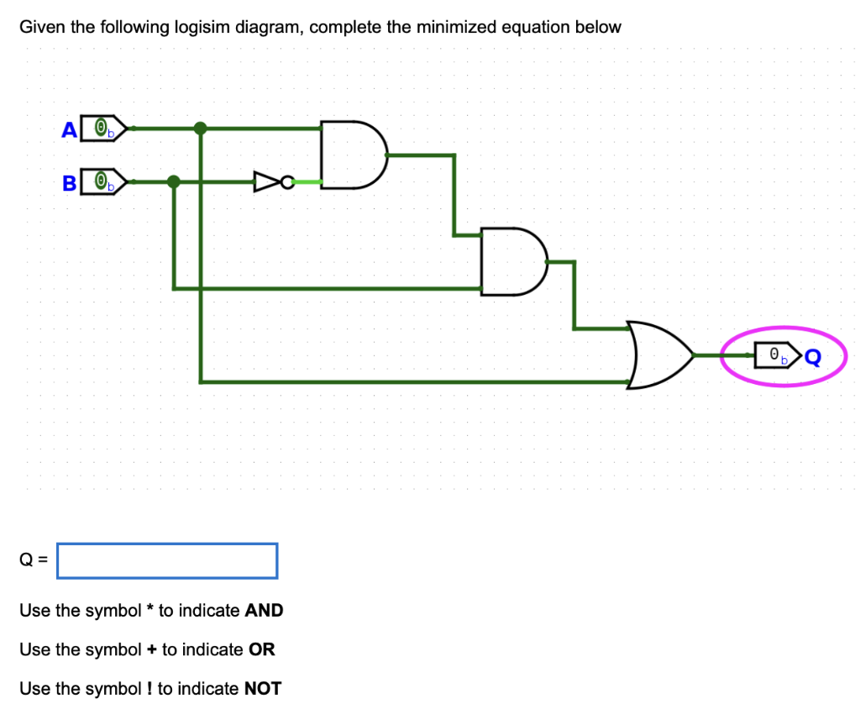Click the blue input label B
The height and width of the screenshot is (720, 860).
pyautogui.click(x=70, y=182)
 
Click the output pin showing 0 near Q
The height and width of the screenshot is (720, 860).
pyautogui.click(x=777, y=356)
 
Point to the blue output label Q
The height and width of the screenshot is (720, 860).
pyautogui.click(x=811, y=358)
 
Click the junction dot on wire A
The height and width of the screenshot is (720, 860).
pyautogui.click(x=200, y=129)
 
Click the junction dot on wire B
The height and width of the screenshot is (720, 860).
pyautogui.click(x=173, y=181)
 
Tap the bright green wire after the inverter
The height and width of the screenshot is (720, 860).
pyautogui.click(x=307, y=181)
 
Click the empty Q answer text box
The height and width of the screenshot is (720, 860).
pyautogui.click(x=167, y=561)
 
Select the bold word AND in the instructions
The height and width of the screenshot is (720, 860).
pyautogui.click(x=264, y=611)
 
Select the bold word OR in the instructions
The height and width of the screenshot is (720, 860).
pyautogui.click(x=262, y=649)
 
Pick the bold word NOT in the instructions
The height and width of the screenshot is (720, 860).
pyautogui.click(x=262, y=689)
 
